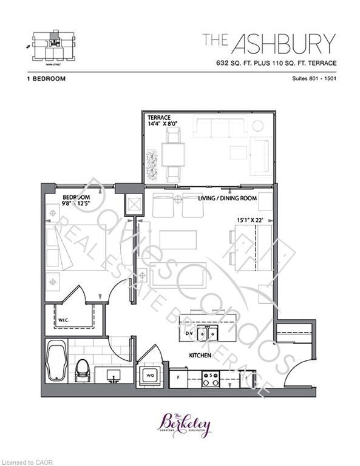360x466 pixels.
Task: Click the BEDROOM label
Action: pos(76,198)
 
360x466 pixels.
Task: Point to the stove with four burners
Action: pos(211,379)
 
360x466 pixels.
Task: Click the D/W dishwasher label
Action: pos(189,333)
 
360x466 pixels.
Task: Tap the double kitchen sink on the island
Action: pos(210,333)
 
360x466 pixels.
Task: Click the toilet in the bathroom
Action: pos(82,370)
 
